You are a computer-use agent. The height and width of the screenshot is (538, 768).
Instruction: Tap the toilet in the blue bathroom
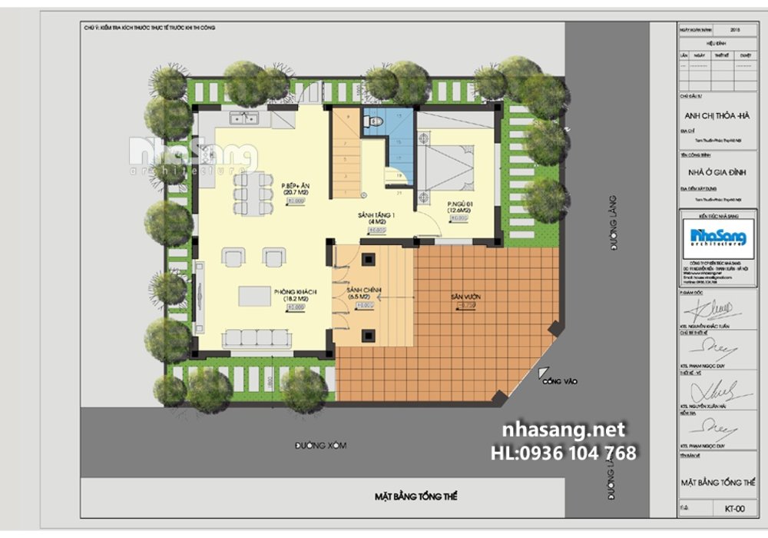pos(376,122)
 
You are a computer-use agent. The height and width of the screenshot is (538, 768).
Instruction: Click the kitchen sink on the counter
pos(245,118)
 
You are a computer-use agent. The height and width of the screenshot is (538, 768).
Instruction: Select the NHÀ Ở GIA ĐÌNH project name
pos(715,172)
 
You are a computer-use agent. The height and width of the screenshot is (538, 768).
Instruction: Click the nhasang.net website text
pos(563,430)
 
